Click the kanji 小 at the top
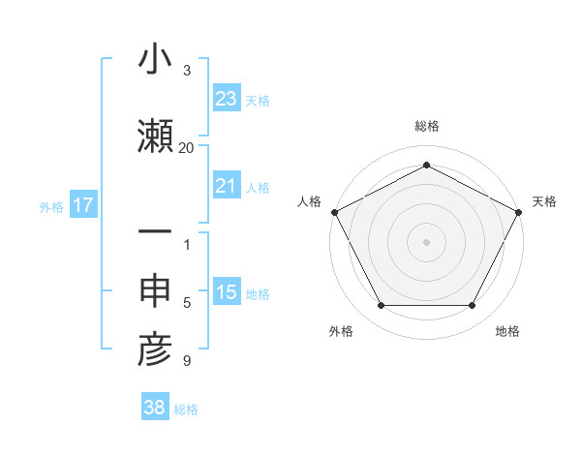pos(155,59)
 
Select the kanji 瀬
pos(155,134)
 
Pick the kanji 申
pos(155,290)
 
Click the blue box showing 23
pos(226,98)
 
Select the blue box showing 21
pos(226,186)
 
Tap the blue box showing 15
pos(226,292)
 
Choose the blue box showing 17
pos(82,205)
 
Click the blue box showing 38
pos(154,408)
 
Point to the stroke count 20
pos(186,147)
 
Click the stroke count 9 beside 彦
pos(186,361)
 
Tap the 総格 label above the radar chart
pos(426,126)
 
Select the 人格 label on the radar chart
pos(309,201)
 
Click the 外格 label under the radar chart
pos(341,331)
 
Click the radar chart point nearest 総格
pos(426,165)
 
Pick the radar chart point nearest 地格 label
pos(472,306)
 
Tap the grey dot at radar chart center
pos(426,241)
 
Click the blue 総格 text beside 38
pos(186,409)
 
